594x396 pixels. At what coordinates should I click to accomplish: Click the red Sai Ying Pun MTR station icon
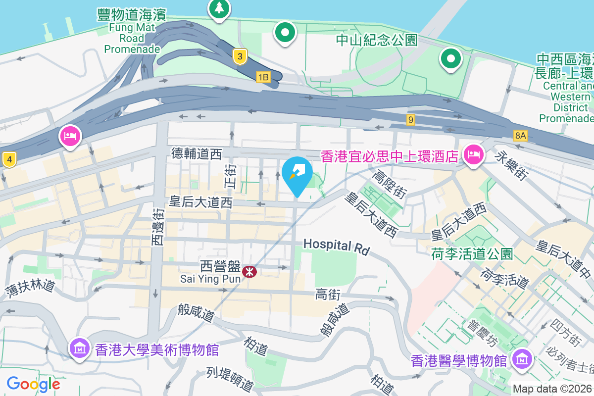(x=249, y=271)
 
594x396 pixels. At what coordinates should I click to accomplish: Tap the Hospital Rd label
(x=336, y=246)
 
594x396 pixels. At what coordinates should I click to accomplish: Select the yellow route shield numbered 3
(x=240, y=57)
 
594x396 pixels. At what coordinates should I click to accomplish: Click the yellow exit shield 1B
(x=263, y=77)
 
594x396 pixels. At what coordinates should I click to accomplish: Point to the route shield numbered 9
(x=410, y=119)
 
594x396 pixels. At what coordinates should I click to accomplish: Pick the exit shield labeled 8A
(x=520, y=135)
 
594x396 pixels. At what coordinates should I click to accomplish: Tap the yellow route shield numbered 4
(x=8, y=159)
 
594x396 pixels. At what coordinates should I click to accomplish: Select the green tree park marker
(x=218, y=9)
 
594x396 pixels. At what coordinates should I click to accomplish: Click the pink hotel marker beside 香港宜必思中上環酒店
(x=473, y=154)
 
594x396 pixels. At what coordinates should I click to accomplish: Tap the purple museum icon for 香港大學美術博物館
(x=79, y=349)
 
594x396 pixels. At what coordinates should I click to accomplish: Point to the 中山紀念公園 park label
(x=377, y=40)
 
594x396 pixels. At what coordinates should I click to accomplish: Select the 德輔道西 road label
(x=197, y=153)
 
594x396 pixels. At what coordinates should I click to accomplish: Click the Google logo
(x=33, y=384)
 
